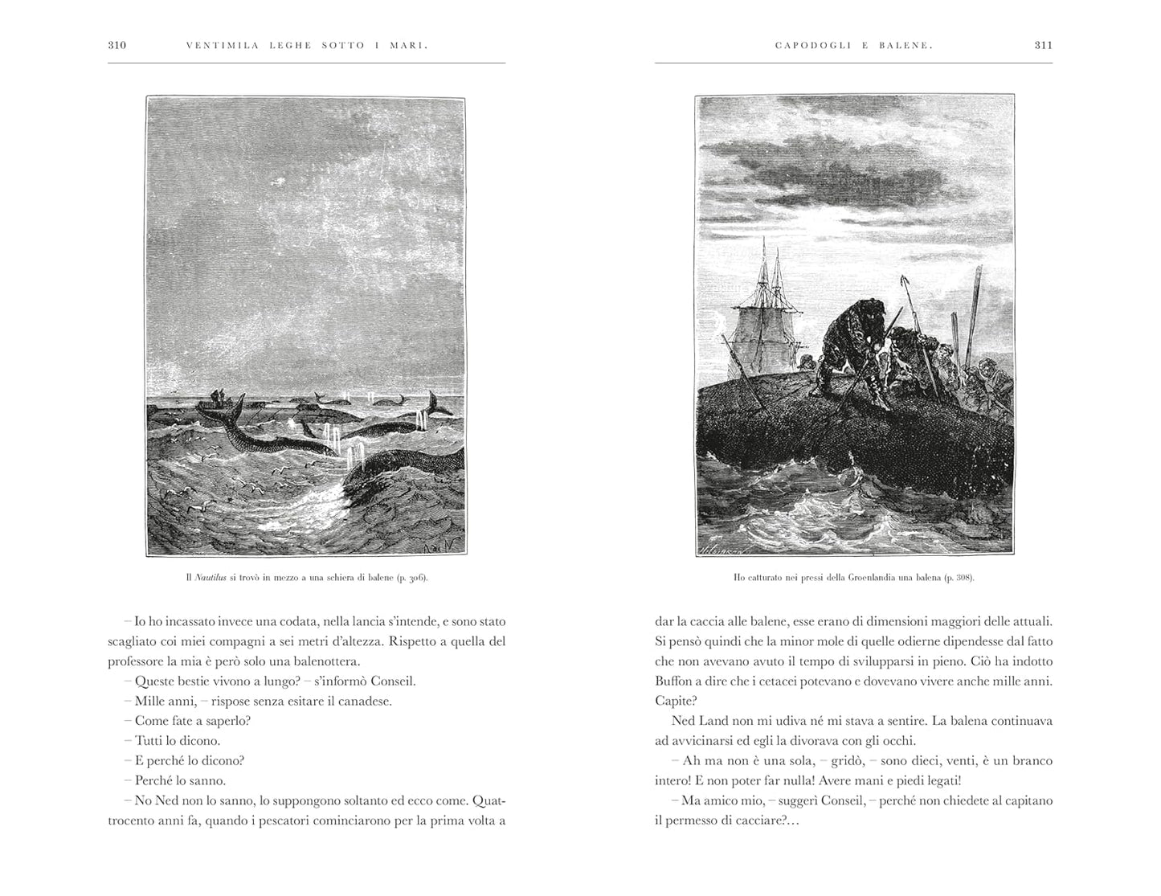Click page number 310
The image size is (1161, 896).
(117, 46)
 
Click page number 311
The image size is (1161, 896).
(1043, 46)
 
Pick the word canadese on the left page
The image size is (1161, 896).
(365, 701)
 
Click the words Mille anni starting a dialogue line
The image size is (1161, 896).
(159, 701)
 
